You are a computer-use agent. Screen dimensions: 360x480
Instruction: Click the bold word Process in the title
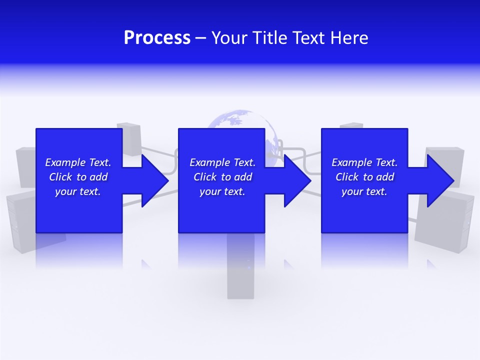point(157,38)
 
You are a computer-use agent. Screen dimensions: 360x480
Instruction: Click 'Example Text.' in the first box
point(78,162)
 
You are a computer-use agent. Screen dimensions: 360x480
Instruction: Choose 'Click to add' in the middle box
point(222,177)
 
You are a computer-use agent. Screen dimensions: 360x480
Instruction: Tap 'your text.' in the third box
point(364,191)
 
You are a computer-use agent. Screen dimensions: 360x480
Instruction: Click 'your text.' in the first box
point(78,191)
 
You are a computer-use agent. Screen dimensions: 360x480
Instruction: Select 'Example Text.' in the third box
point(364,162)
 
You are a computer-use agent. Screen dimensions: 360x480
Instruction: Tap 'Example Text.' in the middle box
point(222,162)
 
